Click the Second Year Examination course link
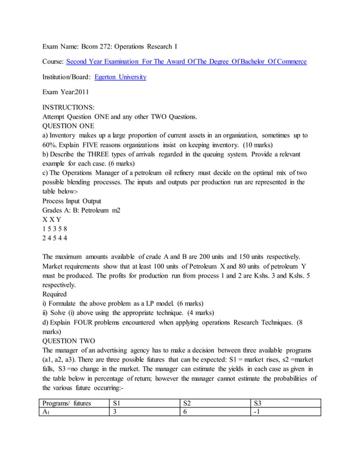click(x=186, y=61)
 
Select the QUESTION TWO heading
click(x=68, y=341)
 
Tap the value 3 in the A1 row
click(x=115, y=412)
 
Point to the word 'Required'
click(x=55, y=294)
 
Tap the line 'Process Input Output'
click(x=72, y=200)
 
